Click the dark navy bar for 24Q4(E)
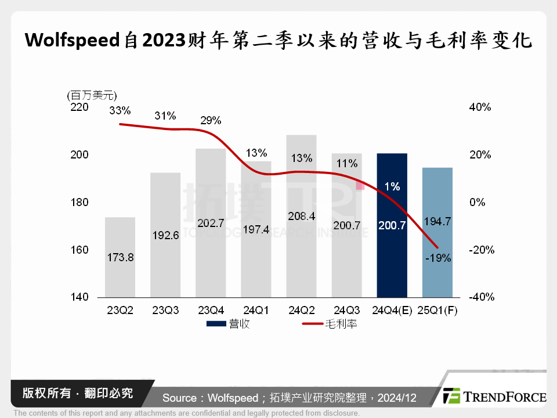tap(392, 244)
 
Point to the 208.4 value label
tap(302, 216)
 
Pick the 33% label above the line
tap(120, 110)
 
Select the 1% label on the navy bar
tap(392, 187)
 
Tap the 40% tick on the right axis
tap(480, 107)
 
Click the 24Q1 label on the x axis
tap(256, 311)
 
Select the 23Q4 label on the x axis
tap(211, 311)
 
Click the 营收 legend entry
tap(229, 324)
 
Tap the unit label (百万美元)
tap(92, 95)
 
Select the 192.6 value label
tap(165, 236)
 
